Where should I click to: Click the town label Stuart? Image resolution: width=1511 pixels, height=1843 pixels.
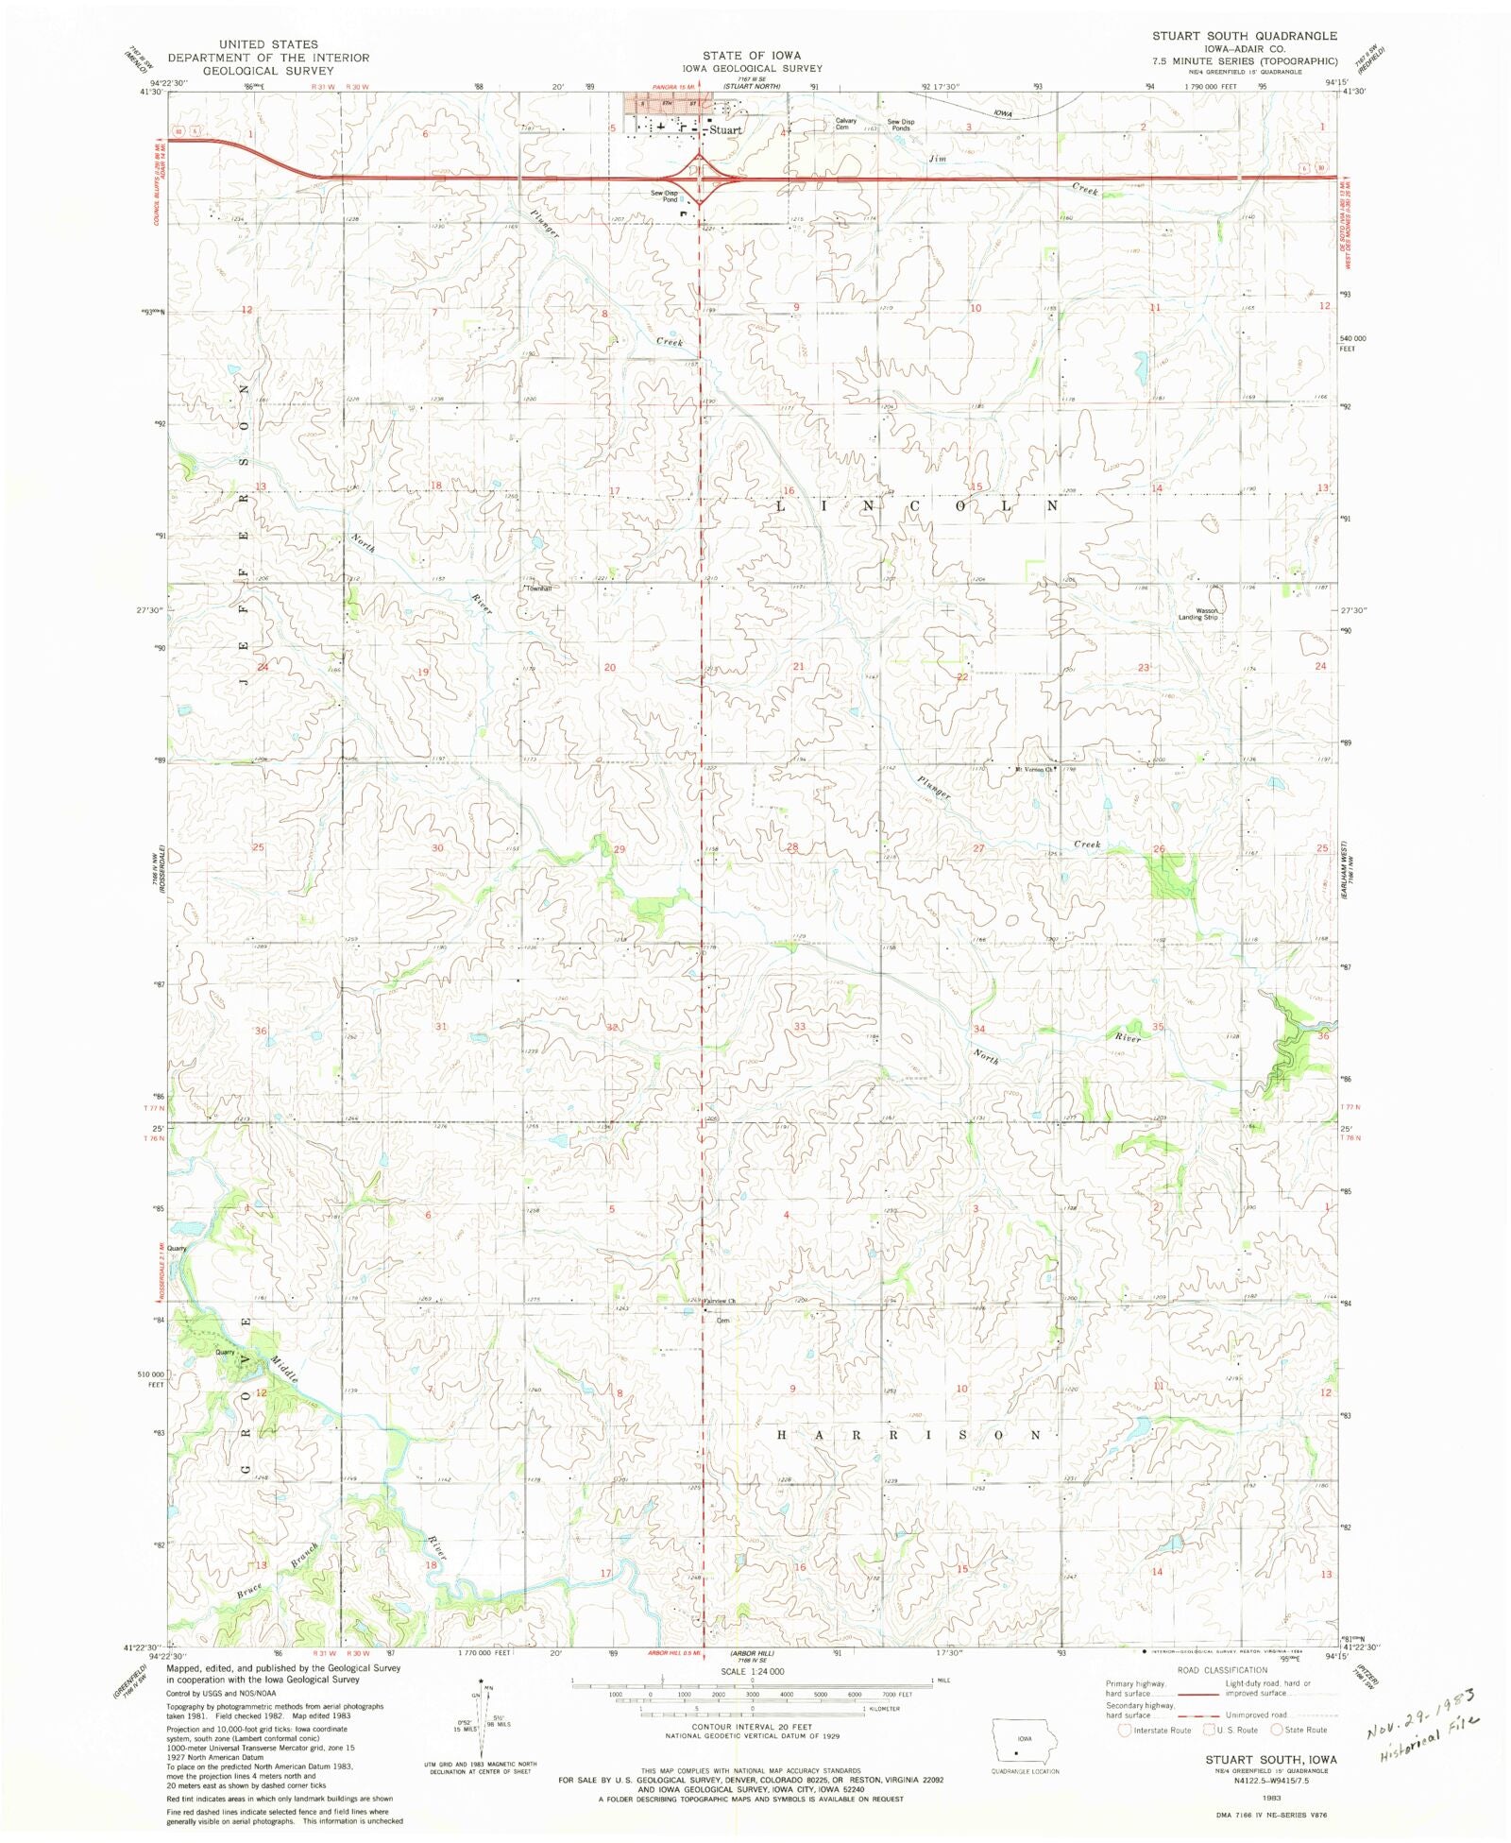click(725, 130)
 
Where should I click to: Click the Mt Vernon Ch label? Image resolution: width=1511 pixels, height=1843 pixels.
click(1033, 769)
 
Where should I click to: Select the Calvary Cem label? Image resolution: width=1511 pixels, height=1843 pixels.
click(845, 124)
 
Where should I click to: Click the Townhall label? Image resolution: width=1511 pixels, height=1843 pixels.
click(538, 588)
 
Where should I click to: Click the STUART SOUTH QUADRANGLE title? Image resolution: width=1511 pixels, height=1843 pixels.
click(1244, 36)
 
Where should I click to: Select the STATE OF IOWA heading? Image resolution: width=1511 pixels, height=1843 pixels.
click(751, 56)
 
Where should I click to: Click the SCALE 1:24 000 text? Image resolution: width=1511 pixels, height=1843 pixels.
click(752, 1671)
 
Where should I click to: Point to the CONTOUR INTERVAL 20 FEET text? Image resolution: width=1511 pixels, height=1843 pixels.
click(752, 1727)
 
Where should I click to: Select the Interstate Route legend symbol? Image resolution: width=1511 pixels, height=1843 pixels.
click(1124, 1730)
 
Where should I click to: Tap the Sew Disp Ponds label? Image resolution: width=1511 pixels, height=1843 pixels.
click(900, 125)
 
